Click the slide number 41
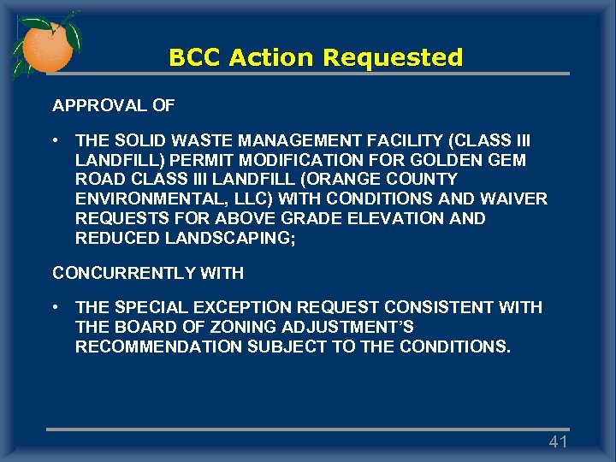click(x=558, y=441)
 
